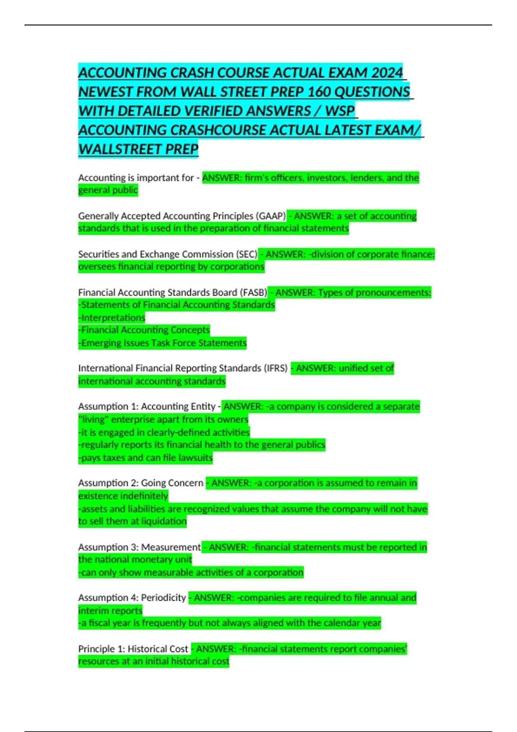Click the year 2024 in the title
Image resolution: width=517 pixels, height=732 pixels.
(x=386, y=73)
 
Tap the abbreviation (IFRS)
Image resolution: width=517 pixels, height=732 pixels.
(x=276, y=368)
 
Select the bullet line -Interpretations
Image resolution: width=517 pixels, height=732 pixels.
(x=112, y=318)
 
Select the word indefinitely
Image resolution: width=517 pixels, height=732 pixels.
(x=145, y=496)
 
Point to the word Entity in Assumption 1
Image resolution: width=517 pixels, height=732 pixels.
(x=202, y=406)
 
